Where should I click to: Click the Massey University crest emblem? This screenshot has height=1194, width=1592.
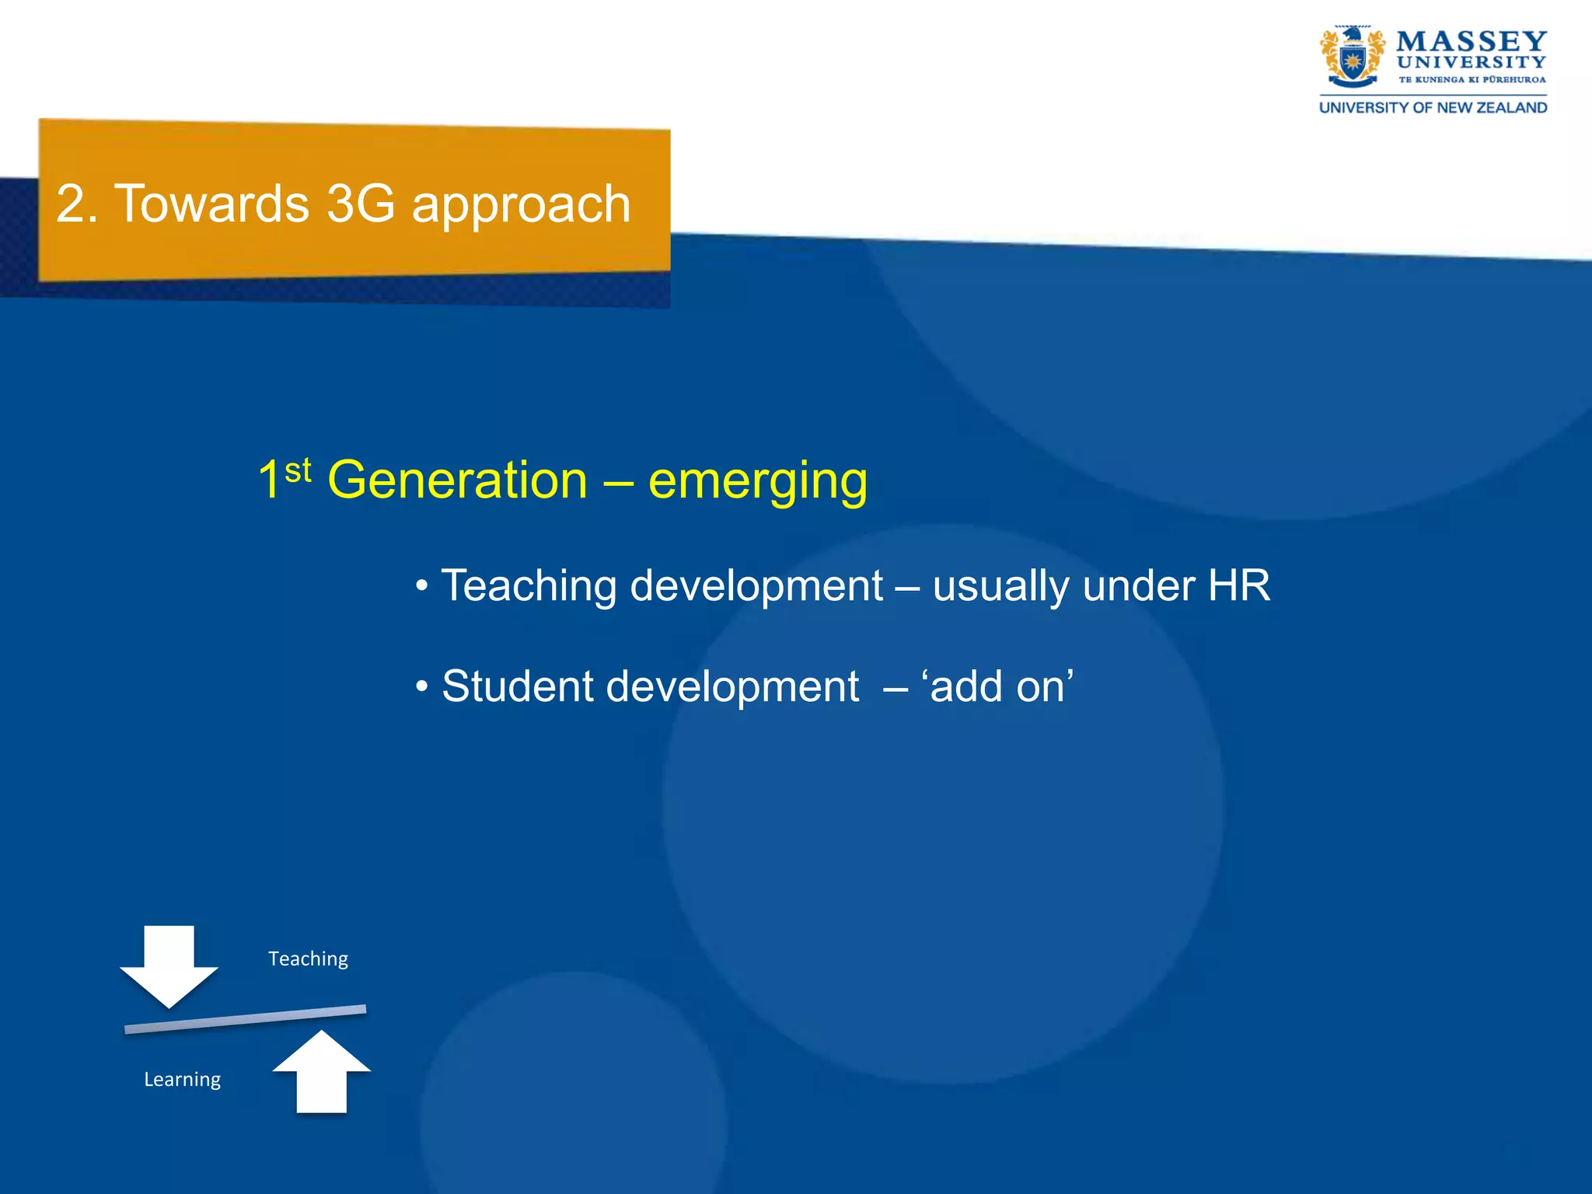[x=1352, y=58]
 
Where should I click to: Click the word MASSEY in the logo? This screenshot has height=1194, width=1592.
[x=1472, y=41]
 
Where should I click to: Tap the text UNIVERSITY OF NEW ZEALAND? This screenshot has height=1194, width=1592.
[x=1433, y=108]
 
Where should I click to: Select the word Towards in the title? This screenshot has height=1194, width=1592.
[x=212, y=204]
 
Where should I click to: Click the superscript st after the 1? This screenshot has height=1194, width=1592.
[x=298, y=471]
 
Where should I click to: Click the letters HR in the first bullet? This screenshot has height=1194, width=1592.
[x=1239, y=585]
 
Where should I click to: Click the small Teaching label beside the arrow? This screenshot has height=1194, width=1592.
[x=308, y=959]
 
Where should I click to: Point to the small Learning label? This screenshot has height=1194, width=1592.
[x=182, y=1080]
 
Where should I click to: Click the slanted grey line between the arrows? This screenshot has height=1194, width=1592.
[x=245, y=1019]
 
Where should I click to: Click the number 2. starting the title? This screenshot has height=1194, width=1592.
[x=76, y=204]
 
